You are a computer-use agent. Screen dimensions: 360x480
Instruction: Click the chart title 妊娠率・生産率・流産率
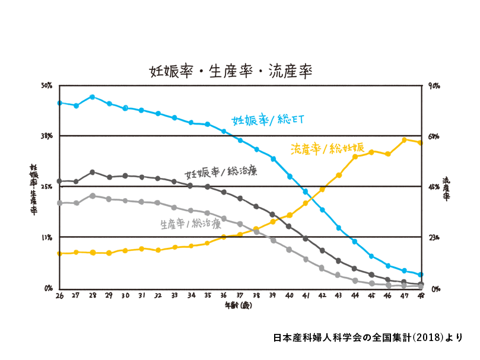(231, 71)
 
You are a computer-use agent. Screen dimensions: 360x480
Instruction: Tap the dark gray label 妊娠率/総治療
(221, 173)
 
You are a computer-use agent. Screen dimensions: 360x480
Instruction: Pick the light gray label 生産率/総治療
(190, 224)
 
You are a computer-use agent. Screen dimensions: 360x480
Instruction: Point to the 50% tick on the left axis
(47, 86)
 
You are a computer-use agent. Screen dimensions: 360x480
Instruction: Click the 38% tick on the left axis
(47, 136)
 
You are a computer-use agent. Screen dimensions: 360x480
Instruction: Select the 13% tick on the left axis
(47, 237)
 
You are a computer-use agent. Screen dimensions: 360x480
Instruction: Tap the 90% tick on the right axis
(434, 86)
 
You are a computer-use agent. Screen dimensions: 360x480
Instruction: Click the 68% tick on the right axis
(434, 136)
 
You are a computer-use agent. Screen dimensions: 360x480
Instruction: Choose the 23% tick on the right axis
(434, 237)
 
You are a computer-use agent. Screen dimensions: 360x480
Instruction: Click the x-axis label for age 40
(289, 295)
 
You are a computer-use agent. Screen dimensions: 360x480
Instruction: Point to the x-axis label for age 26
(59, 295)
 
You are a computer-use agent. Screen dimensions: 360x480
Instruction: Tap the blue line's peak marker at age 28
(93, 97)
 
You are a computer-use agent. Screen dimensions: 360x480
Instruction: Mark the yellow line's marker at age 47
(404, 140)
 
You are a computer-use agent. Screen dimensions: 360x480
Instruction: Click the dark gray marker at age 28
(93, 172)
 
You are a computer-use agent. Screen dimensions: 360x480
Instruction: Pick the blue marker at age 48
(420, 275)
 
